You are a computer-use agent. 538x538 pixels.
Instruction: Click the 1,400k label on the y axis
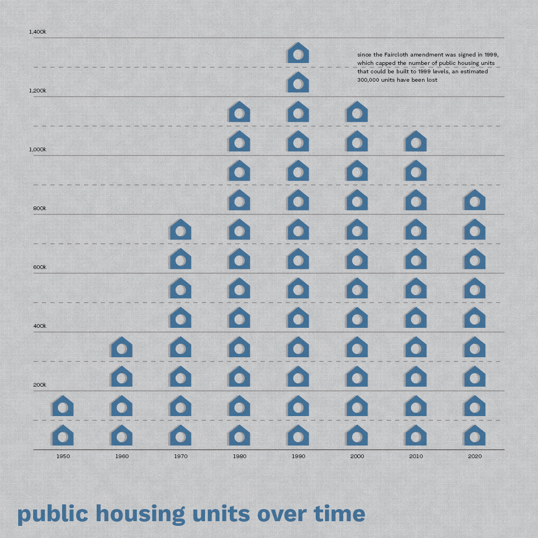point(37,32)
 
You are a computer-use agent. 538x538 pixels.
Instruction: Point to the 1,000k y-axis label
point(37,149)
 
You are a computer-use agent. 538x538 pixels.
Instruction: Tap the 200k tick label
point(40,385)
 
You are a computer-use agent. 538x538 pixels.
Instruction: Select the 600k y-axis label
point(40,267)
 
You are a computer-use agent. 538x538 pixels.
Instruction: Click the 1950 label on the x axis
point(63,456)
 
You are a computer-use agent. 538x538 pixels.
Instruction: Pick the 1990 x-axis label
point(298,456)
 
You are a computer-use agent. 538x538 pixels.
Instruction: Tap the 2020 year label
point(475,456)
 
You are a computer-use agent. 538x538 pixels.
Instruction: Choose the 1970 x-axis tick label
point(181,456)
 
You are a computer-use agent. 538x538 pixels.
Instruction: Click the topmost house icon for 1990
point(298,53)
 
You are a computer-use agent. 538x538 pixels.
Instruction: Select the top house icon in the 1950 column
point(63,406)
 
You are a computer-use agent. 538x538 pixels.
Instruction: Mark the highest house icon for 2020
point(474,200)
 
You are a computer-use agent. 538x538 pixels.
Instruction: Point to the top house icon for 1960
point(121,347)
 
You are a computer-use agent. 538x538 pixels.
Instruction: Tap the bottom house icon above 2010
point(416,436)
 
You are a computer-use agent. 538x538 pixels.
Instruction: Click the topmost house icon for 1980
point(239,112)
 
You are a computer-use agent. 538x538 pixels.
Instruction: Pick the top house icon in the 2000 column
point(357,112)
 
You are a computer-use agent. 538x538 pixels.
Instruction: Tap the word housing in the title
point(141,514)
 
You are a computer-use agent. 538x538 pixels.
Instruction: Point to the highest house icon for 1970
point(180,230)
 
